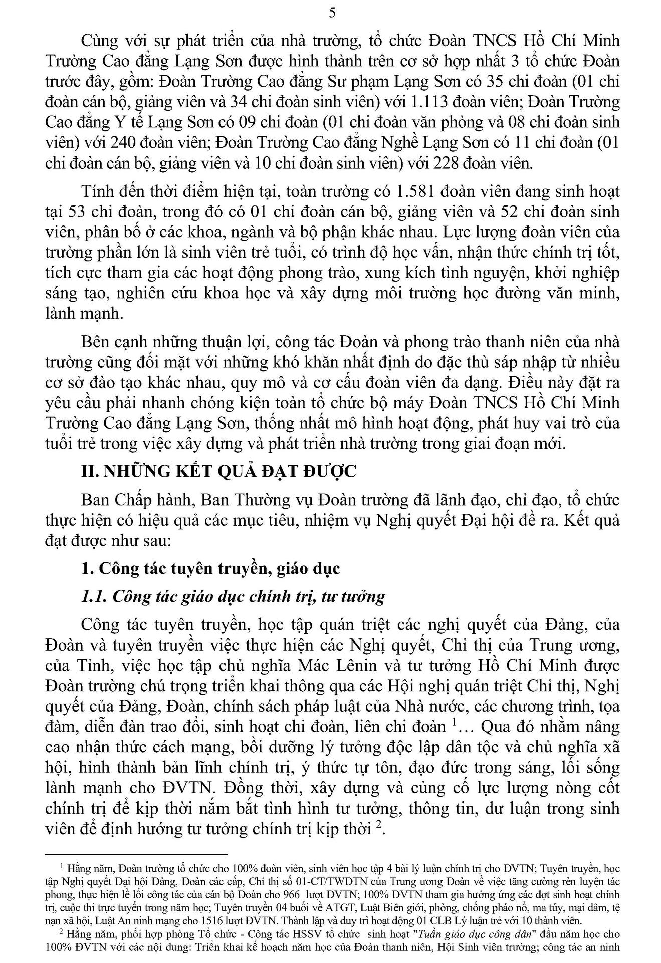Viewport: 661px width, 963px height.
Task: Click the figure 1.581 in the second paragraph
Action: coord(417,192)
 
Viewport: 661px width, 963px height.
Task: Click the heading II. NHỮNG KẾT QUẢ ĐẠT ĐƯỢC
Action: coord(218,472)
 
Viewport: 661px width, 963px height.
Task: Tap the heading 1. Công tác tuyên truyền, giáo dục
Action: coord(210,568)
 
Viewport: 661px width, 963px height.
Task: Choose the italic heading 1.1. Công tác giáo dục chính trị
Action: coord(233,596)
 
